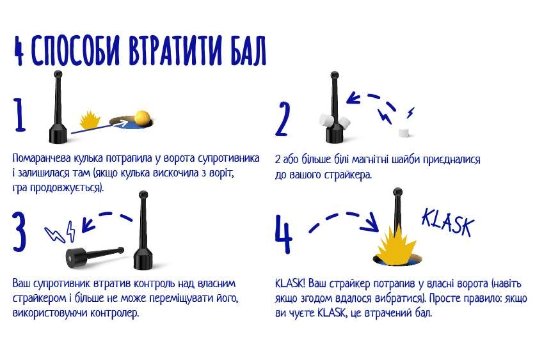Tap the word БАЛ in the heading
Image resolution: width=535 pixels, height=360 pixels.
(x=248, y=50)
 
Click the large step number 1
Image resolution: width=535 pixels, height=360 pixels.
(x=19, y=115)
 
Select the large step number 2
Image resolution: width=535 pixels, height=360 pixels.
(x=282, y=119)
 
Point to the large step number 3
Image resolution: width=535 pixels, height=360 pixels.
(x=19, y=231)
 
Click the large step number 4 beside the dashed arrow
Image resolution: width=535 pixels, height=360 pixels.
(x=283, y=234)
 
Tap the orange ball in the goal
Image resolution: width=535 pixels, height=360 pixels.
(x=142, y=118)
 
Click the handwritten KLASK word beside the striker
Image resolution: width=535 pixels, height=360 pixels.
(x=448, y=223)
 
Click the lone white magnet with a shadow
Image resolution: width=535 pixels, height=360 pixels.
(x=404, y=132)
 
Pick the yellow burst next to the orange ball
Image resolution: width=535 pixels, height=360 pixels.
(x=90, y=120)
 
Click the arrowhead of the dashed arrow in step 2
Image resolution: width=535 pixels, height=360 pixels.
(x=353, y=98)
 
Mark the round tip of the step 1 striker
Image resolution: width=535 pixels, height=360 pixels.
(x=58, y=74)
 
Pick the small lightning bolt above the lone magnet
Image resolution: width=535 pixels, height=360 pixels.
(x=411, y=113)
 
